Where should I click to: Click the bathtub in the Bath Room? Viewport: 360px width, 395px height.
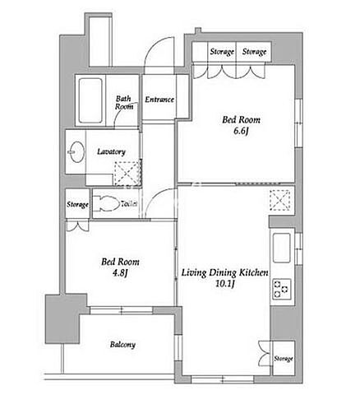coord(90,100)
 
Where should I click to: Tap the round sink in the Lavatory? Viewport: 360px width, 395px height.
coord(76,152)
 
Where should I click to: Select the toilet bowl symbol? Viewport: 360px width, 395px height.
coord(106,203)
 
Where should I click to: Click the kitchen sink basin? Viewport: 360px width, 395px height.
coord(282,248)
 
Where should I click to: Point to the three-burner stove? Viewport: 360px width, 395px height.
coord(282,290)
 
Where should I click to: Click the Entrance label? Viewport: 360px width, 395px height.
coord(159,100)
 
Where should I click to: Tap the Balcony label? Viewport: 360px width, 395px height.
coord(122,345)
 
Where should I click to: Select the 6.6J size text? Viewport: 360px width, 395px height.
coord(241,131)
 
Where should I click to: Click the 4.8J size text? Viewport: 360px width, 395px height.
coord(120,273)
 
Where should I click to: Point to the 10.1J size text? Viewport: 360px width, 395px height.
coord(224,284)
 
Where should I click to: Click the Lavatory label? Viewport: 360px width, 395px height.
coord(111,151)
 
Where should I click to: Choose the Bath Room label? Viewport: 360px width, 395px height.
coord(124,103)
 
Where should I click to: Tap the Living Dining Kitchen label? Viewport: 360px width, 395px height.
coord(225,273)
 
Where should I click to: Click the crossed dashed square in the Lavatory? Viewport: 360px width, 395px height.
coord(127,174)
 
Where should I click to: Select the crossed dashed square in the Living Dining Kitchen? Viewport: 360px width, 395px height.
coord(280,200)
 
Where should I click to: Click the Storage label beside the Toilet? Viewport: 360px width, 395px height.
coord(77,204)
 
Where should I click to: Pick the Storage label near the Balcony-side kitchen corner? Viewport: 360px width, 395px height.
coord(284,359)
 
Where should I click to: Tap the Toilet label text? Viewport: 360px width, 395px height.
coord(129,203)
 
